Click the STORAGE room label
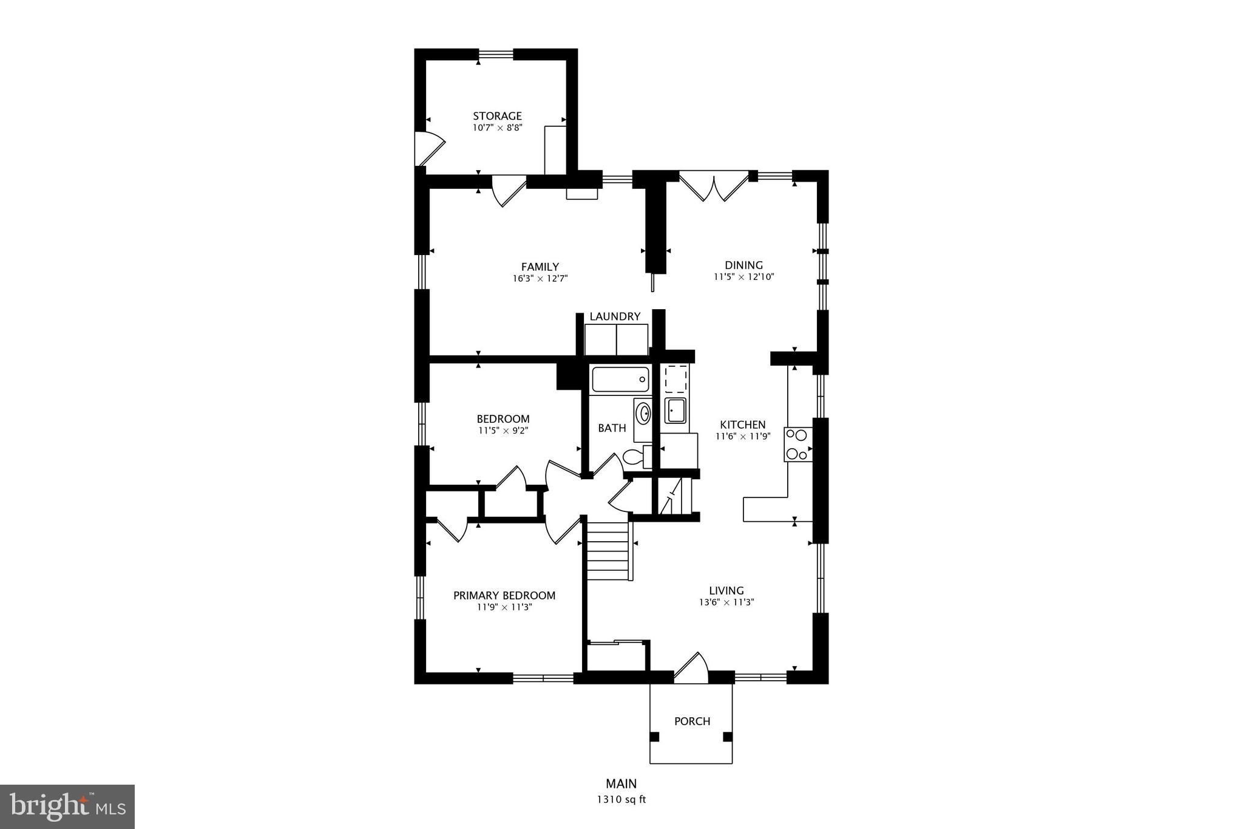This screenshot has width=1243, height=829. click(x=497, y=116)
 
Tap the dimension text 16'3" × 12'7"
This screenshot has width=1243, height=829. click(x=540, y=279)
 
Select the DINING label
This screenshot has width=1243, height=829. click(x=743, y=265)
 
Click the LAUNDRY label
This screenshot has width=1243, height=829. click(x=615, y=316)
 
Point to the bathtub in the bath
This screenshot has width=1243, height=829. click(x=620, y=380)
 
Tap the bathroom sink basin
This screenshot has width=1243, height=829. click(x=643, y=414)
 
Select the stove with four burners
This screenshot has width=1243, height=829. click(x=798, y=444)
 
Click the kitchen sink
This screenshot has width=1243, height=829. click(x=675, y=411)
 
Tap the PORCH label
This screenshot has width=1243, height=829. click(x=692, y=721)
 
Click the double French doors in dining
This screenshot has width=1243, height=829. click(x=714, y=186)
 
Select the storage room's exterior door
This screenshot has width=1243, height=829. click(x=428, y=148)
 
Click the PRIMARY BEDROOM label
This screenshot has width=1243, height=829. click(x=504, y=595)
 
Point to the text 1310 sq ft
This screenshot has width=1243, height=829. click(x=621, y=799)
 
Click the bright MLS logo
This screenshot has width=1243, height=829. click(x=67, y=807)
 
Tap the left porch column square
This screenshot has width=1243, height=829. click(x=654, y=737)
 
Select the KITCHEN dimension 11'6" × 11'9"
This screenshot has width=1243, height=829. click(x=742, y=436)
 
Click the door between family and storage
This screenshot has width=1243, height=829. click(x=508, y=189)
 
